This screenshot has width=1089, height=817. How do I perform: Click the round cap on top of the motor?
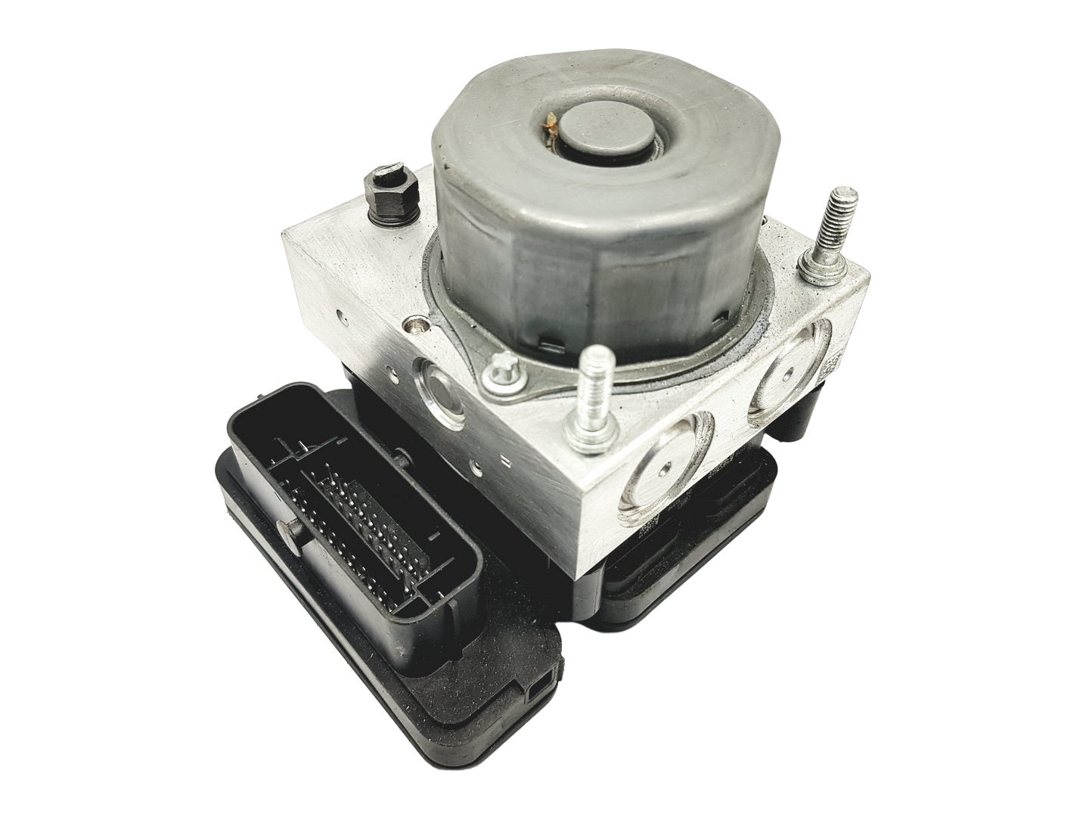(x=598, y=141)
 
